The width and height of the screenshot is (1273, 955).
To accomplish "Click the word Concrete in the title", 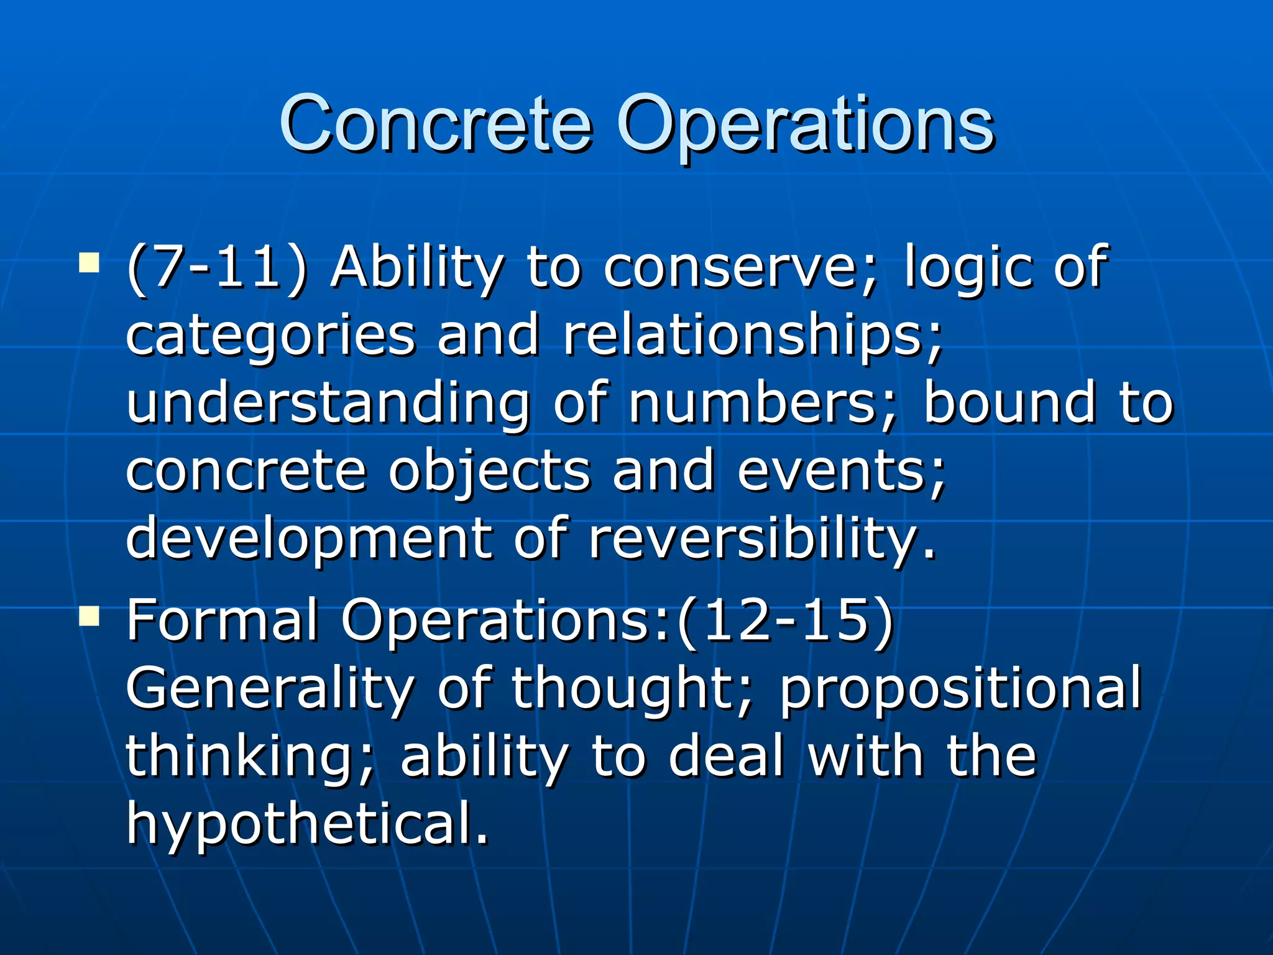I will tap(435, 124).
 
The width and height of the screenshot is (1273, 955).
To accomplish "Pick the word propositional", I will tap(960, 690).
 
